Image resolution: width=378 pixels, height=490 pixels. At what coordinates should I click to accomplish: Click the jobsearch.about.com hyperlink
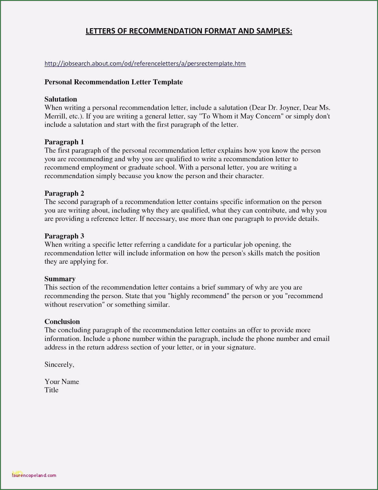click(x=145, y=64)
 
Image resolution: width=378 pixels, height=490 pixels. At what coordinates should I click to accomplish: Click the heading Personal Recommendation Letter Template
click(x=114, y=82)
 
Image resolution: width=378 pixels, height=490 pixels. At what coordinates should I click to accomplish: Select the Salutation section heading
click(x=61, y=99)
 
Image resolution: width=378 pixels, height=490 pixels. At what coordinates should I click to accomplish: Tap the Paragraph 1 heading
click(x=64, y=142)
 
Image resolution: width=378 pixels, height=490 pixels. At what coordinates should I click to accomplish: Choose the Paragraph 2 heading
click(x=64, y=193)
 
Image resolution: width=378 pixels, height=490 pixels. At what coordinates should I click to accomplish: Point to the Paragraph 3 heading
click(x=64, y=236)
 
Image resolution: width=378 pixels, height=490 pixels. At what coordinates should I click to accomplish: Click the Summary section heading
click(x=60, y=279)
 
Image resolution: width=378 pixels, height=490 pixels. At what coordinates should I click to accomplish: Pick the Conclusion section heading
click(x=62, y=322)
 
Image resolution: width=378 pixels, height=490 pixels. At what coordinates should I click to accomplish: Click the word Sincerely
click(x=59, y=365)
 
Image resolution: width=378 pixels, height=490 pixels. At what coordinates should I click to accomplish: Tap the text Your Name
click(x=62, y=382)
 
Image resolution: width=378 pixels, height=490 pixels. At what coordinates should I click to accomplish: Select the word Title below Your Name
click(x=51, y=390)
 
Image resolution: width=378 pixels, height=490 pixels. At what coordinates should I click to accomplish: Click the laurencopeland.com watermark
click(x=34, y=475)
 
